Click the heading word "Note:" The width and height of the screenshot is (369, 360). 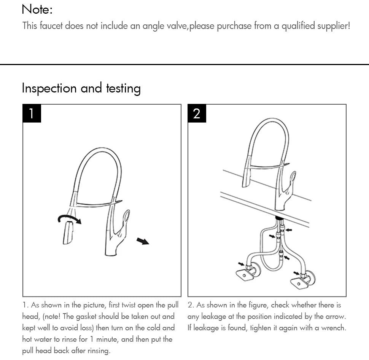[37, 9]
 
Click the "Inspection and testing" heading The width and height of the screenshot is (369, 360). [81, 88]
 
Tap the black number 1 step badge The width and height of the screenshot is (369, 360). [32, 113]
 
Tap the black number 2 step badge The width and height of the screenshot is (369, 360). [197, 113]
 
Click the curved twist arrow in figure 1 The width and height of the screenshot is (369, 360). [69, 218]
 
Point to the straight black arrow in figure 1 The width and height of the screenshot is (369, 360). [143, 241]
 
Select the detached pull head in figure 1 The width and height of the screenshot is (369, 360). [68, 233]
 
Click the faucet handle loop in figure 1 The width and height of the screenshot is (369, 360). [126, 218]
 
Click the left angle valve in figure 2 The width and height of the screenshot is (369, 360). [247, 272]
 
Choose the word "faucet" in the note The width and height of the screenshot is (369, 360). [50, 26]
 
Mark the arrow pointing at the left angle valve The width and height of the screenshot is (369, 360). [241, 264]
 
